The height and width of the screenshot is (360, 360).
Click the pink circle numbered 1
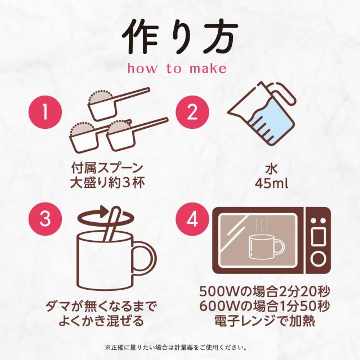(x=45, y=112)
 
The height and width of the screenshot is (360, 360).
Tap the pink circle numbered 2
(x=192, y=112)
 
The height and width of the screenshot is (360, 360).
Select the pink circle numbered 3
(x=45, y=219)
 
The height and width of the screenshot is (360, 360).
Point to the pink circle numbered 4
(x=192, y=219)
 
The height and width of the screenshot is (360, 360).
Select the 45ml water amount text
(x=271, y=183)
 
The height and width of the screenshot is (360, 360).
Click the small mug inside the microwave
(x=266, y=247)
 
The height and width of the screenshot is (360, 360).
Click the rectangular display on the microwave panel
(x=318, y=236)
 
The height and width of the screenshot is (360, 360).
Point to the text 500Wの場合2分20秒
(x=264, y=292)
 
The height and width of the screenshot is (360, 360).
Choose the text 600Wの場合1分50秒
(x=264, y=306)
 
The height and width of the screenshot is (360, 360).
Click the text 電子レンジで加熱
(x=264, y=321)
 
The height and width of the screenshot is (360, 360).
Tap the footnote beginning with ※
(x=175, y=348)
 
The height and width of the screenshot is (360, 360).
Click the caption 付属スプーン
(x=107, y=168)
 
